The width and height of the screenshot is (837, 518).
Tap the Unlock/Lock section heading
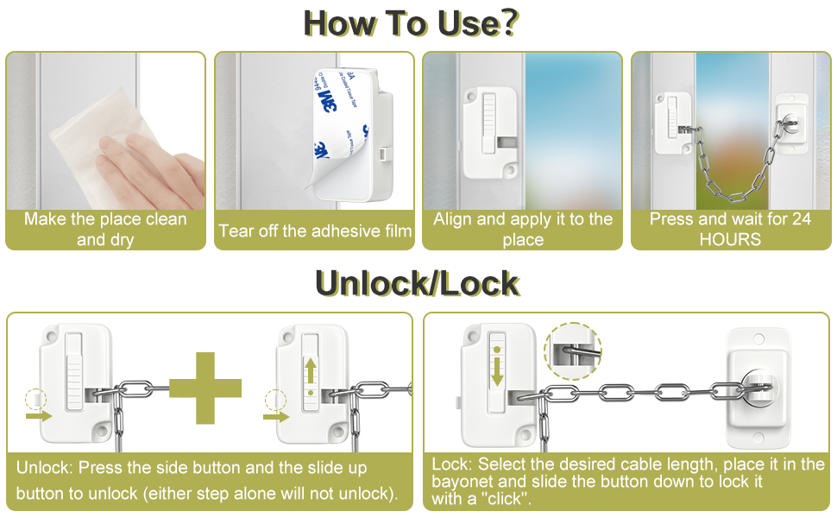click(417, 283)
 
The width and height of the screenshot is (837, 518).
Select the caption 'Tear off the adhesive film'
click(315, 231)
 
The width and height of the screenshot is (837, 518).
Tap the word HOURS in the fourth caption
click(730, 239)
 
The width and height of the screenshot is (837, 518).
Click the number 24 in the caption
click(801, 219)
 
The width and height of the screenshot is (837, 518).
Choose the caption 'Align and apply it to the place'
click(522, 229)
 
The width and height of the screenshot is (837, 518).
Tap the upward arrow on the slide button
click(310, 370)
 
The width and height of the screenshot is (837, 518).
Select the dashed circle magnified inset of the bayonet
click(572, 351)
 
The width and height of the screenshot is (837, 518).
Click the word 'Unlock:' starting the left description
click(44, 468)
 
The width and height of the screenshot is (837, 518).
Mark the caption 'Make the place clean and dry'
click(105, 229)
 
